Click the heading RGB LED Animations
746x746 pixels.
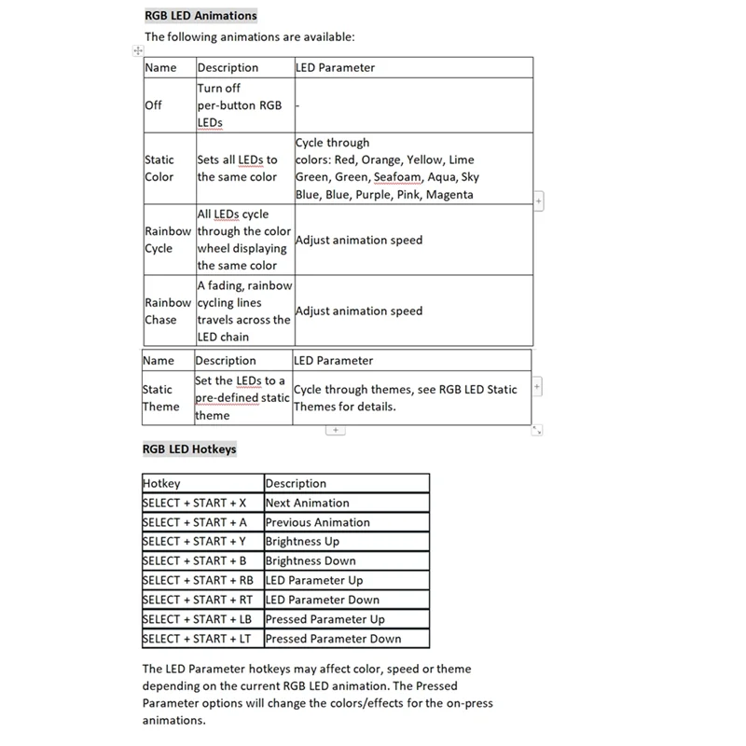pyautogui.click(x=200, y=15)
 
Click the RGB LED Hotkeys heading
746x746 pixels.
pyautogui.click(x=189, y=449)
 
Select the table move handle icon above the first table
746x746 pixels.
pyautogui.click(x=138, y=50)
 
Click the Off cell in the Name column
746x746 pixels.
pyautogui.click(x=153, y=105)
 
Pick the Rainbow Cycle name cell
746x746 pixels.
pyautogui.click(x=168, y=240)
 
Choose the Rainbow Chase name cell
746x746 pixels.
pyautogui.click(x=168, y=311)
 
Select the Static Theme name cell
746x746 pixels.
pyautogui.click(x=160, y=398)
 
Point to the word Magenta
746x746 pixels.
pyautogui.click(x=449, y=195)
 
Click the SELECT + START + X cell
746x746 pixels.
pyautogui.click(x=194, y=503)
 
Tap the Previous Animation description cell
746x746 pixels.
pyautogui.click(x=317, y=522)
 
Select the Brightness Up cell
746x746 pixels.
pyautogui.click(x=302, y=541)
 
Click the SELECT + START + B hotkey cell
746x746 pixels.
pyautogui.click(x=194, y=560)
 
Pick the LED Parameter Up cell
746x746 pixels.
pyautogui.click(x=314, y=580)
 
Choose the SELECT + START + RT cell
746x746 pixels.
pyautogui.click(x=197, y=600)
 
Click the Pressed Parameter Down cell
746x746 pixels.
pyautogui.click(x=333, y=639)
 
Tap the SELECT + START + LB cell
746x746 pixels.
pyautogui.click(x=197, y=619)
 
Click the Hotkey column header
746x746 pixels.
pyautogui.click(x=161, y=483)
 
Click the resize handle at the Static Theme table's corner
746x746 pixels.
pyautogui.click(x=537, y=430)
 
